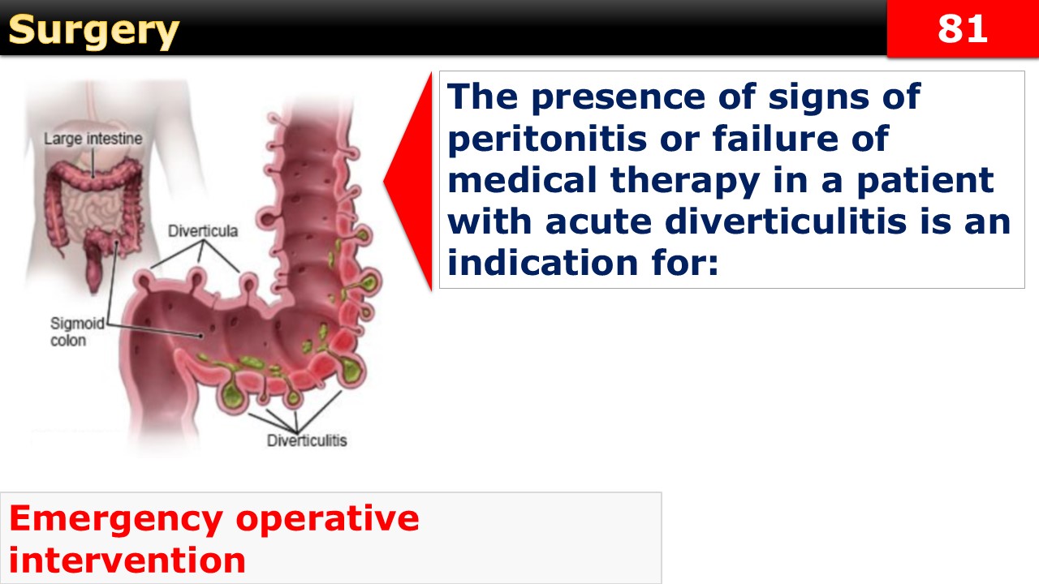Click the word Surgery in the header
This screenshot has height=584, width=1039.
pos(93,32)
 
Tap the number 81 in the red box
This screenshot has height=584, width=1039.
pos(963,28)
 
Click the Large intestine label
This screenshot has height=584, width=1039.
pos(93,139)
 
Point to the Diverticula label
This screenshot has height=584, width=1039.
pos(203,231)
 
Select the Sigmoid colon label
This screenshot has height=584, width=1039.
pos(77,332)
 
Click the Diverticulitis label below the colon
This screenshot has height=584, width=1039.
pos(307,440)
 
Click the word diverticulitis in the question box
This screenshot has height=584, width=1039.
pos(786,221)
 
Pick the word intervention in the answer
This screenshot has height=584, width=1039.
pos(127,560)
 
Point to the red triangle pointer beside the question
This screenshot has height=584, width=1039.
pos(408,181)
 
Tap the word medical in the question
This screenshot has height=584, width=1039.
pos(522,180)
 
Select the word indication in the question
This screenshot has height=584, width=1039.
pos(543,262)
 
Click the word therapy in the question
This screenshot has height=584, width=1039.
pos(685,182)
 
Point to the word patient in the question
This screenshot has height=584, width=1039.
pos(925,182)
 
